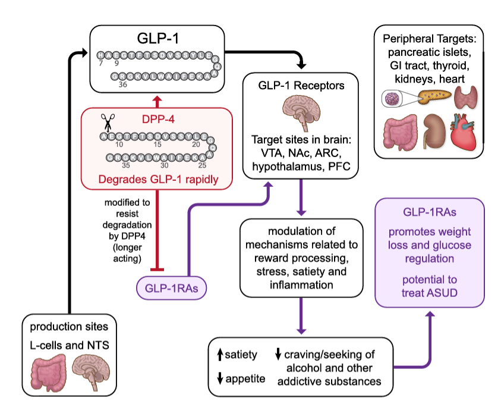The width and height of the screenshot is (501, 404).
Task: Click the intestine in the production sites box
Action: (52, 373)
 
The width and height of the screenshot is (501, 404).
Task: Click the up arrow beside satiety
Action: (220, 355)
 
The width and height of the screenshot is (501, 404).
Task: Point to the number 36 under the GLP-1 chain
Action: (123, 84)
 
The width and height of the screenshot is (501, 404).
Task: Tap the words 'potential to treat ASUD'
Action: (429, 287)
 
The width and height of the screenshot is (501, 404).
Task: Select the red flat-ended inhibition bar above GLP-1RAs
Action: (157, 270)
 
